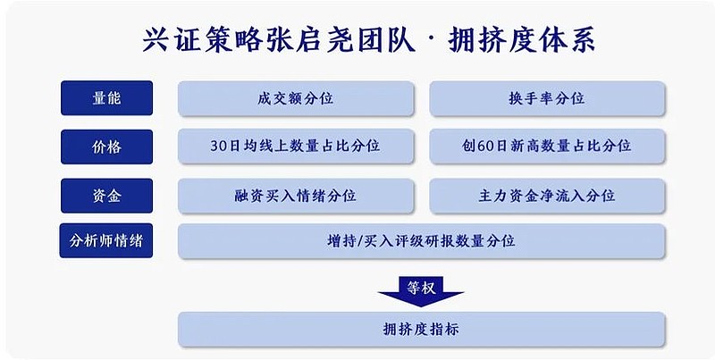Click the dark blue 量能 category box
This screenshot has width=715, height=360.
coord(106,98)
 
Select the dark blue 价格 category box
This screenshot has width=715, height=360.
coord(106,147)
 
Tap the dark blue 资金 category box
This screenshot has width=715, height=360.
coord(106,196)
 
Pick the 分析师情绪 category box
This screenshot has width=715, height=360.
coord(106,240)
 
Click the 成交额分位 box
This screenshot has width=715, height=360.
coord(296,98)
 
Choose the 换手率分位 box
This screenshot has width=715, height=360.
coord(547,98)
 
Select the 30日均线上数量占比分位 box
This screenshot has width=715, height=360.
coord(296,146)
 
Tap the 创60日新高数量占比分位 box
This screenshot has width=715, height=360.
coord(547,146)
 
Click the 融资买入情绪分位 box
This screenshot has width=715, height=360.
coord(296,196)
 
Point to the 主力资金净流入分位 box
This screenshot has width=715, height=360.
coord(547,196)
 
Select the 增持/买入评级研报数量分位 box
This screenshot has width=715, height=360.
coord(421,240)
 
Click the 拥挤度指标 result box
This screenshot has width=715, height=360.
coord(421,329)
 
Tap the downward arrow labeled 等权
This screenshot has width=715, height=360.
coord(421,291)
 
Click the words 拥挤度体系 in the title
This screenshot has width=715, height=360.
coord(522,40)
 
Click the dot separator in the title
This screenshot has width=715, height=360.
coord(432,40)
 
